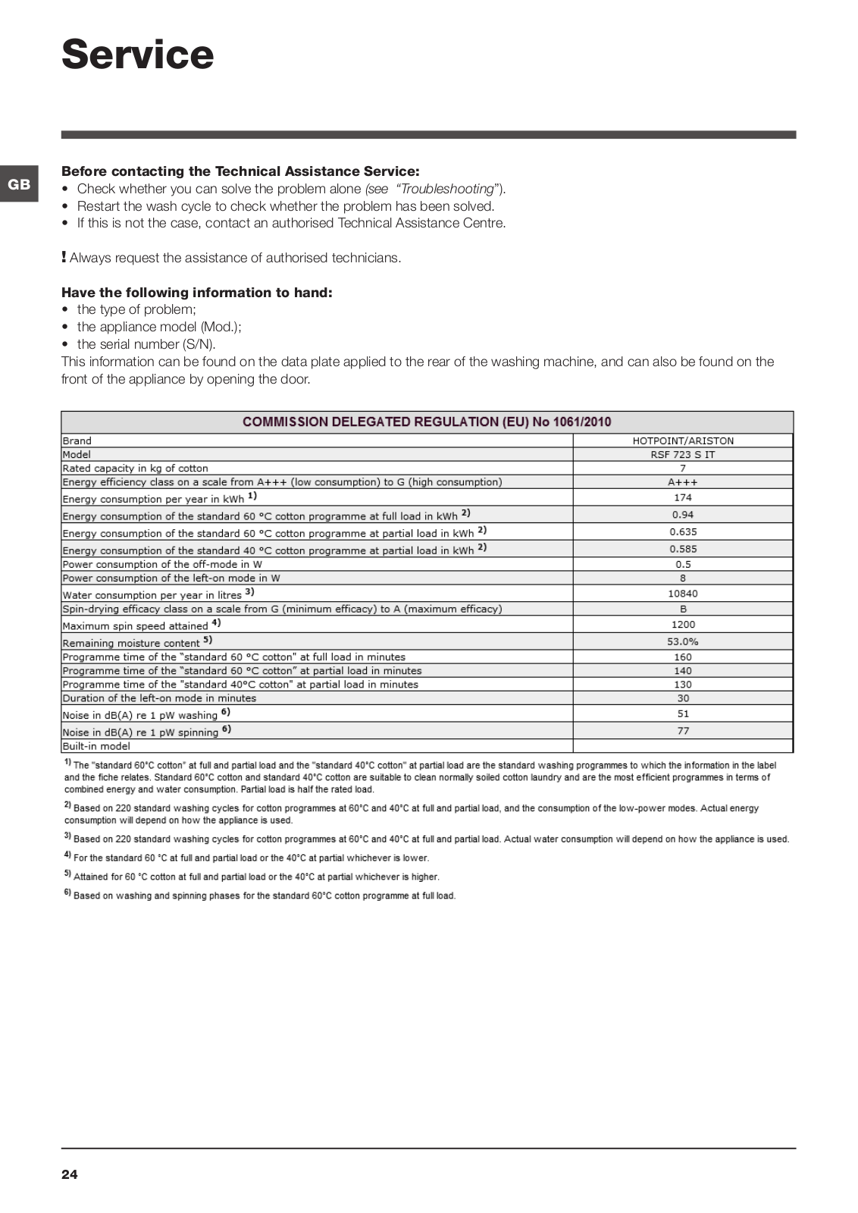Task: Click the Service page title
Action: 137,55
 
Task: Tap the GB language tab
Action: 19,184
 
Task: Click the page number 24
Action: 70,1174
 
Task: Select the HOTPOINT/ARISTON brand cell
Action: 683,440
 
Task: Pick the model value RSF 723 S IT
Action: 683,455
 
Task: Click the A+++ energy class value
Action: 683,482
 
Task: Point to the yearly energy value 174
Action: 683,497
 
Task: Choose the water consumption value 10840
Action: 683,594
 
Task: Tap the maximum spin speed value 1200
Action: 683,625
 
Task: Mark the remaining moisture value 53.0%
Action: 683,641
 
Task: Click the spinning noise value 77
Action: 683,731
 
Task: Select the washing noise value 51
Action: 683,713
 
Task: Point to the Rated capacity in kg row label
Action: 135,469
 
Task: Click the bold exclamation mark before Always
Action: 64,257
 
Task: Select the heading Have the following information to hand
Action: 197,293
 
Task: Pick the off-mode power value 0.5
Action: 683,564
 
